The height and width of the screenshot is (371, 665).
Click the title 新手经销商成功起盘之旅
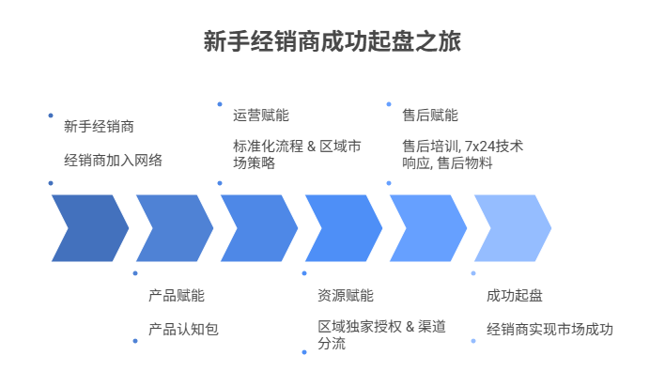point(332,42)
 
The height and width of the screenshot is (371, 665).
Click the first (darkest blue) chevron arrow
point(86,227)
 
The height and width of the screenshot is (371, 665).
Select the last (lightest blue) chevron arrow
point(509,227)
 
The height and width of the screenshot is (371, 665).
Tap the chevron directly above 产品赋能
point(171,227)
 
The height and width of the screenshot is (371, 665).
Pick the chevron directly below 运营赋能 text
point(255,227)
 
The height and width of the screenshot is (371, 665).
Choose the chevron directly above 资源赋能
point(340,227)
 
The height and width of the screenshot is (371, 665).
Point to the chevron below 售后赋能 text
point(425,227)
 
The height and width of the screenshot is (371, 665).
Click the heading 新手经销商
point(99,126)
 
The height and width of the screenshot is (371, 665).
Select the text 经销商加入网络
point(113,161)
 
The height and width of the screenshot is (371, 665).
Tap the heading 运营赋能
point(260,116)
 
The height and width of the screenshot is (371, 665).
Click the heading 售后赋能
point(429,116)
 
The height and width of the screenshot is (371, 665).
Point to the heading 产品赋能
point(176,295)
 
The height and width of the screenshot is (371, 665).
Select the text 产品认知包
point(183,330)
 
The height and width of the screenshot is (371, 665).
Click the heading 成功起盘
point(514,295)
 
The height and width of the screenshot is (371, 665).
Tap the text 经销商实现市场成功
point(549,330)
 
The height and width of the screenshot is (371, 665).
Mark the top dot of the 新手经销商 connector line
point(50,116)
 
